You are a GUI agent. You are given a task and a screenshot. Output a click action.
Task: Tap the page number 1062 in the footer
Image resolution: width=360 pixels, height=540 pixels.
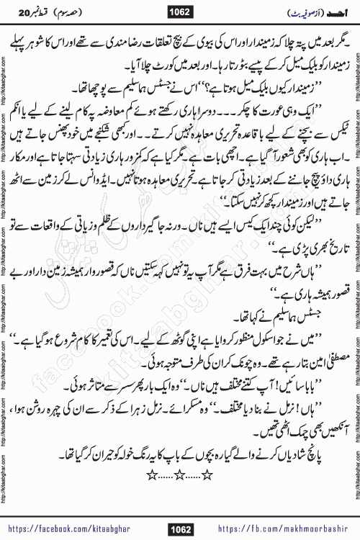tap(180, 530)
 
